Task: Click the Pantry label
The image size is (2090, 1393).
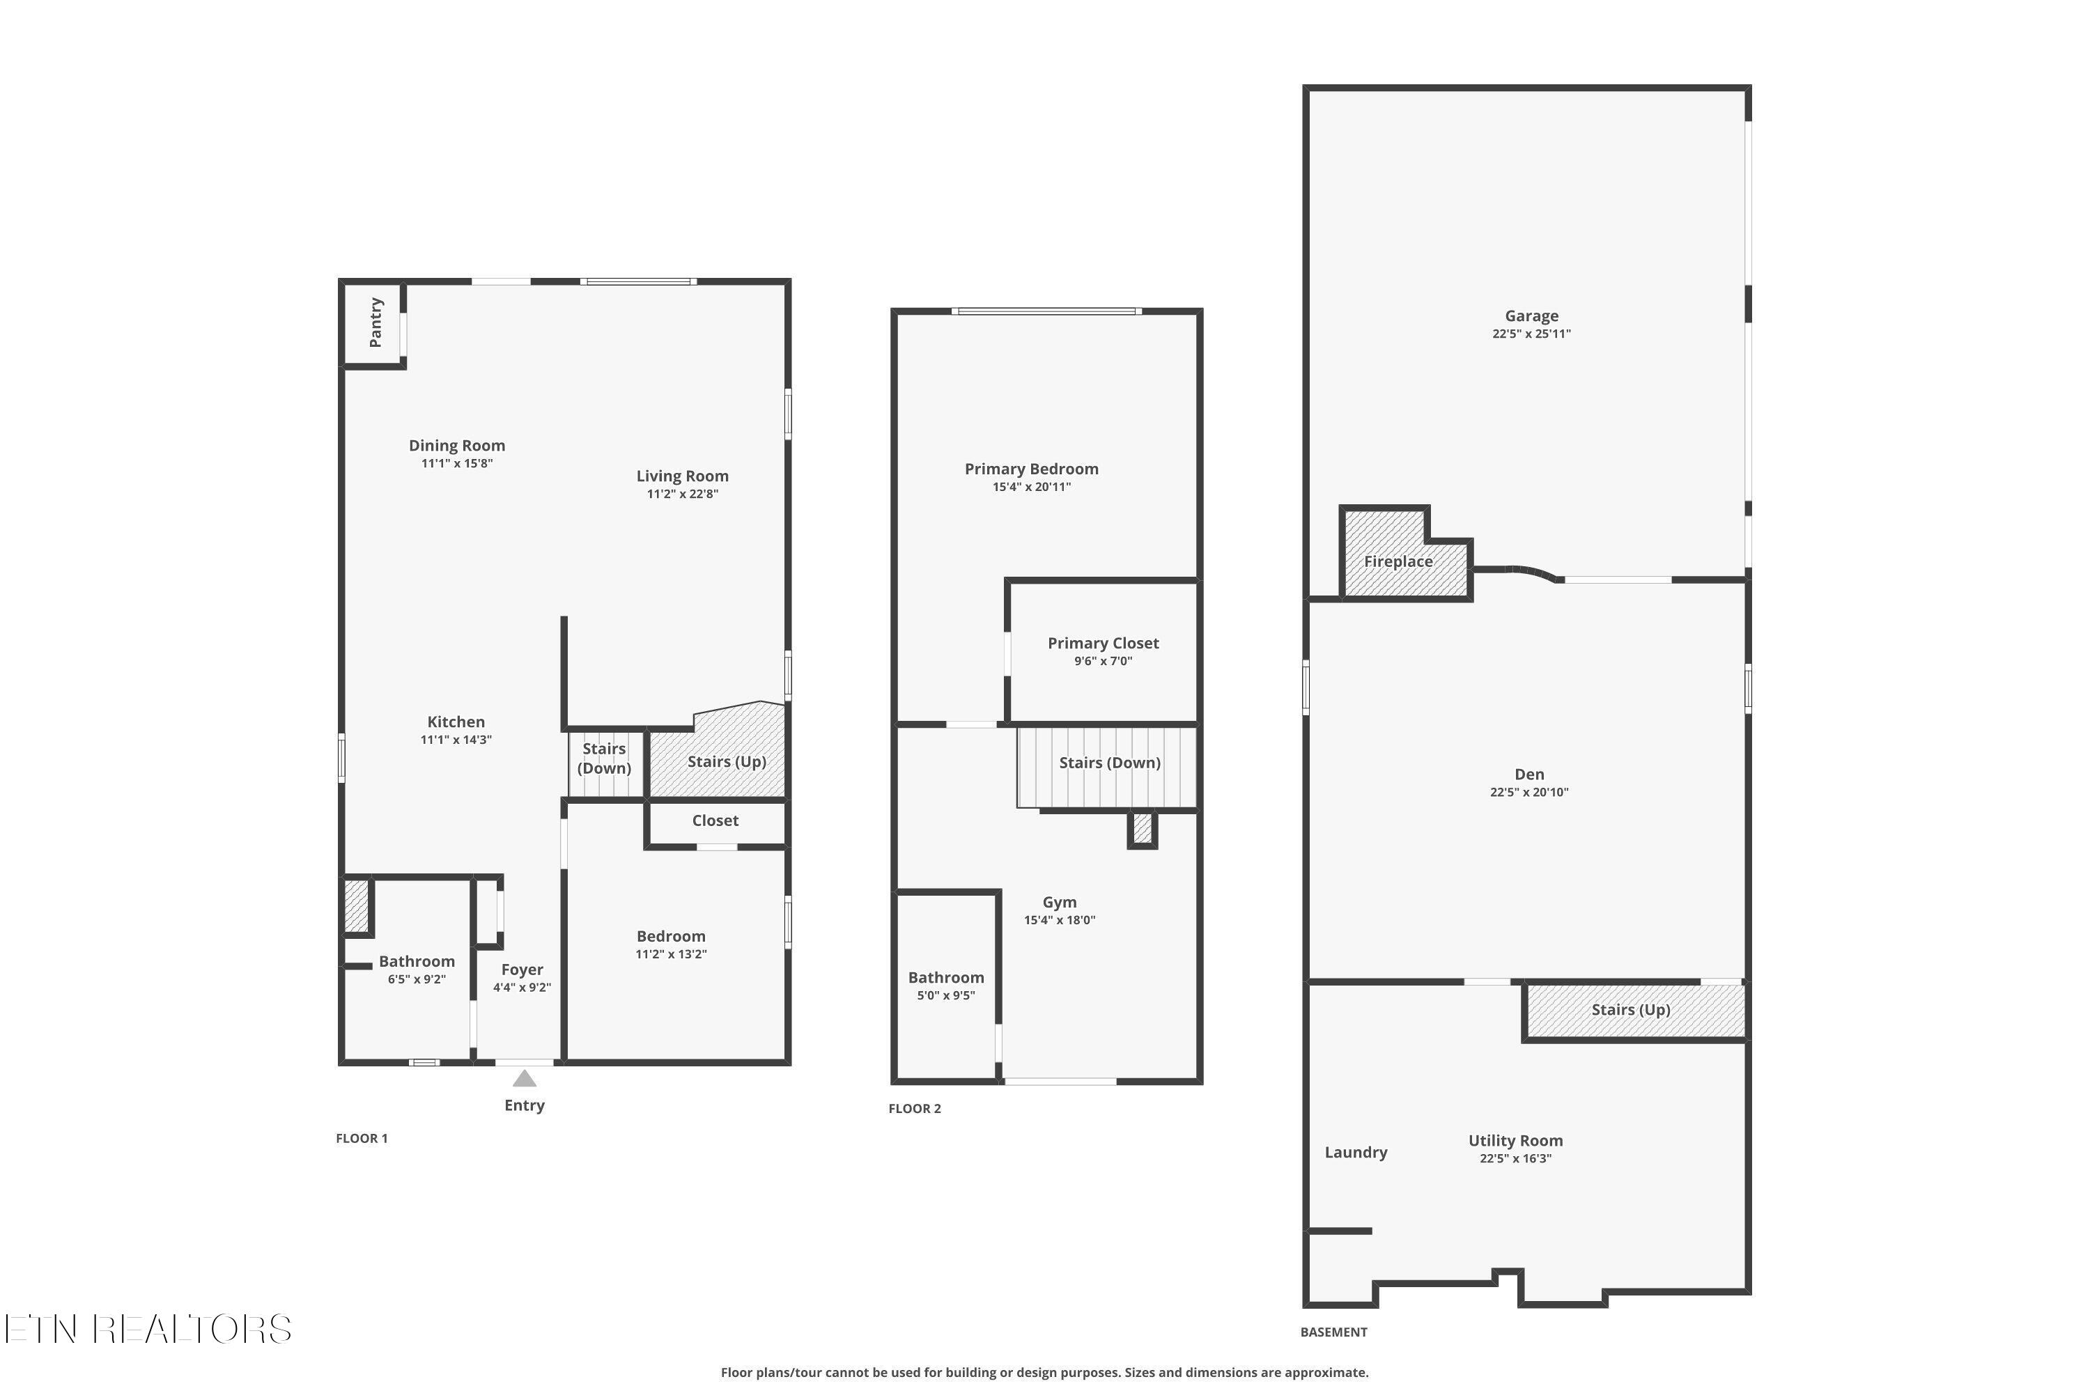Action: (x=376, y=322)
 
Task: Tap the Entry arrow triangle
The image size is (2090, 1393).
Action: (x=525, y=1078)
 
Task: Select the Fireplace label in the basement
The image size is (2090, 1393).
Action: (x=1399, y=561)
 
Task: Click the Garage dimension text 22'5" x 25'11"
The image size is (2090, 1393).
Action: (x=1532, y=334)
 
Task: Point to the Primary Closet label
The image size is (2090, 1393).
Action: (x=1104, y=643)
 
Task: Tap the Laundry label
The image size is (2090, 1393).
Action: (x=1356, y=1152)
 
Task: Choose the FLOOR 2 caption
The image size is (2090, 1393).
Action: (x=914, y=1109)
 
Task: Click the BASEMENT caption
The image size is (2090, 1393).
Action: (x=1334, y=1332)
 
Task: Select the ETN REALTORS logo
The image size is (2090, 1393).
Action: (x=148, y=1329)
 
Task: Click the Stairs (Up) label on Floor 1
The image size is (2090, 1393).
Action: (x=727, y=761)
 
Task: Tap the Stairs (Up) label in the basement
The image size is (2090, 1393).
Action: (x=1632, y=1009)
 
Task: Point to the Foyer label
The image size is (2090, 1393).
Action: (x=522, y=970)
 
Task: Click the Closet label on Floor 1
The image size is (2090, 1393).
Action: (x=715, y=821)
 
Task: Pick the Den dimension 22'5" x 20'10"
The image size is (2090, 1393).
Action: (x=1529, y=793)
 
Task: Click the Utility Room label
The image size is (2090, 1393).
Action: (x=1516, y=1141)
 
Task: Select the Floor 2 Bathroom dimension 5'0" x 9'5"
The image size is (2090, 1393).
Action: (x=946, y=996)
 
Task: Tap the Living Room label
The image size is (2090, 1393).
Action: (x=683, y=476)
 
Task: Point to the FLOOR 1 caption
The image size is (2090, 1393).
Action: (x=362, y=1139)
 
